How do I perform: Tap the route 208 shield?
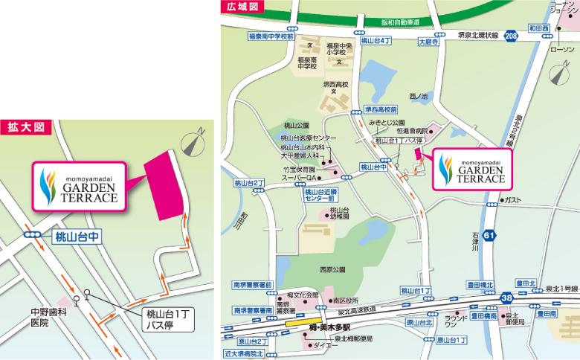510,35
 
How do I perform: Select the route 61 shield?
489,236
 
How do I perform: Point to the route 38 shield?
506,296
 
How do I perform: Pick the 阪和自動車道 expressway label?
390,22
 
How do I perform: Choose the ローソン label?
560,49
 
